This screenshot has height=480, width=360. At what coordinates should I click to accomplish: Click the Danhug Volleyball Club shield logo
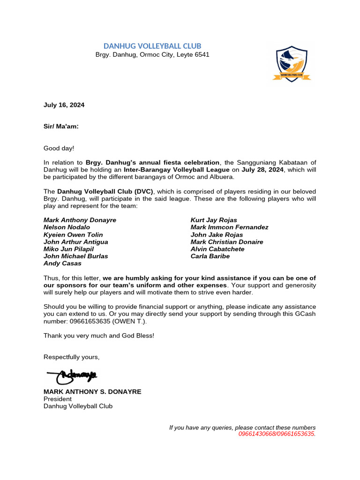292,64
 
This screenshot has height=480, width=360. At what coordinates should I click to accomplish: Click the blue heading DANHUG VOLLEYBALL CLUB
152,45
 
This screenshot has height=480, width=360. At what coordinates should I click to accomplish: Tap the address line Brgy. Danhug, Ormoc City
152,54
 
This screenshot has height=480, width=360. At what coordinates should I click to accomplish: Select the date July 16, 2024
64,105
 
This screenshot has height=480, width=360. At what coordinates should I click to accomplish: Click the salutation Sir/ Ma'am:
61,127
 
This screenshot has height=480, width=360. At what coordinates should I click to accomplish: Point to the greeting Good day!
59,148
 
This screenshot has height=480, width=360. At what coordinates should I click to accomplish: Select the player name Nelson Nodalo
67,227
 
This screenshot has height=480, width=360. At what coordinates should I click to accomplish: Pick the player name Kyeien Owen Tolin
73,234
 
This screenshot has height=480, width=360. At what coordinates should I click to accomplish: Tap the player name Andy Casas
62,263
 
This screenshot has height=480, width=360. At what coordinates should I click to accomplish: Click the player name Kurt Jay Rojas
214,220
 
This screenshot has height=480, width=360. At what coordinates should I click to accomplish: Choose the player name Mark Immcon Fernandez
229,227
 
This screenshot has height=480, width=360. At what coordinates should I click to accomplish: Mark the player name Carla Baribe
210,256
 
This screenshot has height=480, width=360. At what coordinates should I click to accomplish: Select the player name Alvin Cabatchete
217,249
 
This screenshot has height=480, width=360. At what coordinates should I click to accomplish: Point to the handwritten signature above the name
72,375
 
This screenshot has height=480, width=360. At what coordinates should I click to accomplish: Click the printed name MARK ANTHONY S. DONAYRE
92,391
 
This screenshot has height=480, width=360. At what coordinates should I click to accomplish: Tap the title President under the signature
58,399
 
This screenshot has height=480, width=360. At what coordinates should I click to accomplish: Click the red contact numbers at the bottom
277,434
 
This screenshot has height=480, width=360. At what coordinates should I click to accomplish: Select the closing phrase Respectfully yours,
72,357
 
